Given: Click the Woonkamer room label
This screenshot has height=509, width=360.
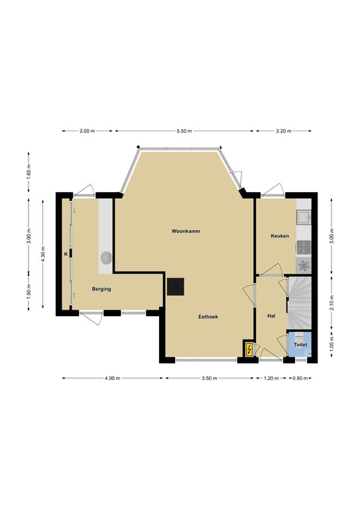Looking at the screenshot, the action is (186, 231).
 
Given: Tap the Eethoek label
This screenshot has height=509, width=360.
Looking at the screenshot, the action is (208, 317).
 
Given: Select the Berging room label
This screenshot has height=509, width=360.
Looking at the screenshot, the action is (101, 289).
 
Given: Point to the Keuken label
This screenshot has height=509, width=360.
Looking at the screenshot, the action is (280, 236).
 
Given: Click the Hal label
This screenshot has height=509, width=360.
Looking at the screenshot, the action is (271, 315).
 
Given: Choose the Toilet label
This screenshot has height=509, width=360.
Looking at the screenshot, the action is (300, 345).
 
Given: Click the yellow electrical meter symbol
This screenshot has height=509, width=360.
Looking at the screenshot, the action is (249, 349).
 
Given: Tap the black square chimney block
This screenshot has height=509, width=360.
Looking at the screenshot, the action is (176, 286).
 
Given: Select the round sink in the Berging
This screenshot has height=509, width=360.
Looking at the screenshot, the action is (106, 258).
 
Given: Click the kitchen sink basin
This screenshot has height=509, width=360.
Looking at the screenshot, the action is (304, 217).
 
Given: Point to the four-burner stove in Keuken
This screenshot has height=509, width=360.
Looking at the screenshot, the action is (304, 247).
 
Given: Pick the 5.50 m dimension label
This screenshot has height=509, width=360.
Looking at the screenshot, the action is (184, 131).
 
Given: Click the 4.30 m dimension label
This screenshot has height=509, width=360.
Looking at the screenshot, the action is (43, 254).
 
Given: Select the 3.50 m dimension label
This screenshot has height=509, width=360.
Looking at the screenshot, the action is (210, 378).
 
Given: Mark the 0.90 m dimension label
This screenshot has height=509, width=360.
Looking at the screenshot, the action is (300, 378).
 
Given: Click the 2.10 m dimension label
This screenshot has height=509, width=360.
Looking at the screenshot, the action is (331, 303).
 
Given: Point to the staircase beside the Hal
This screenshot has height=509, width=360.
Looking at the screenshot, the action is (300, 303).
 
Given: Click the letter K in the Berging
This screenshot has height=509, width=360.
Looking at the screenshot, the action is (66, 254).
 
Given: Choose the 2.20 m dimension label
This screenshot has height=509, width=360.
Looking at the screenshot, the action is (284, 131).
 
